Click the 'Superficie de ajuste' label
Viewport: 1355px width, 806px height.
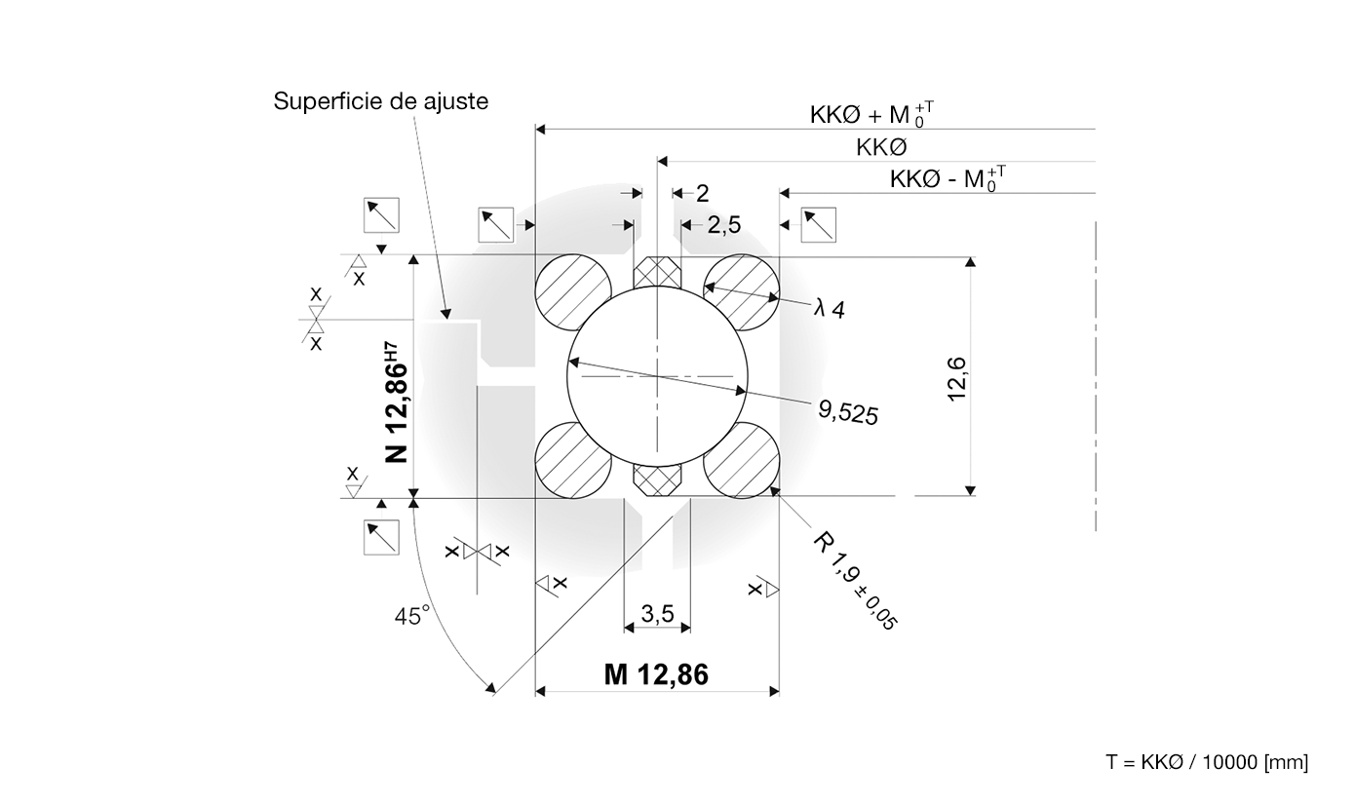[x=380, y=101]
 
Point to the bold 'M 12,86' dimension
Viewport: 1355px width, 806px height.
[x=656, y=674]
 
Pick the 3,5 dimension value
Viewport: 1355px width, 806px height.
[x=658, y=614]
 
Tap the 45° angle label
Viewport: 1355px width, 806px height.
[x=412, y=616]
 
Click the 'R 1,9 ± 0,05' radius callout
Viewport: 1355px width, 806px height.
[x=856, y=581]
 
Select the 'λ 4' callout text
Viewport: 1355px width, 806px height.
[x=830, y=309]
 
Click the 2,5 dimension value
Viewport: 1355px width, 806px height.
[x=724, y=225]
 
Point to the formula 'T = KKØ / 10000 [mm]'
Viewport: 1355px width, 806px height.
[x=1207, y=762]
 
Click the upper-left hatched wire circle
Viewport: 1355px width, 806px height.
[x=573, y=293]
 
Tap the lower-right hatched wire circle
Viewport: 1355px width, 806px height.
[x=742, y=460]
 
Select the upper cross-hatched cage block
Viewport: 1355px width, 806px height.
[x=658, y=273]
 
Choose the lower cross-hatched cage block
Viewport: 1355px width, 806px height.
[x=658, y=479]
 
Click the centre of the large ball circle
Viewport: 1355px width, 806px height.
[x=658, y=375]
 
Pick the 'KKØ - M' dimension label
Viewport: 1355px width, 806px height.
[x=948, y=179]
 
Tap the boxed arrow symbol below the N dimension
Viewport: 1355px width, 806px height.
[x=381, y=537]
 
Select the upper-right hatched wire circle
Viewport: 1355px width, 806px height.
[x=742, y=293]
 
